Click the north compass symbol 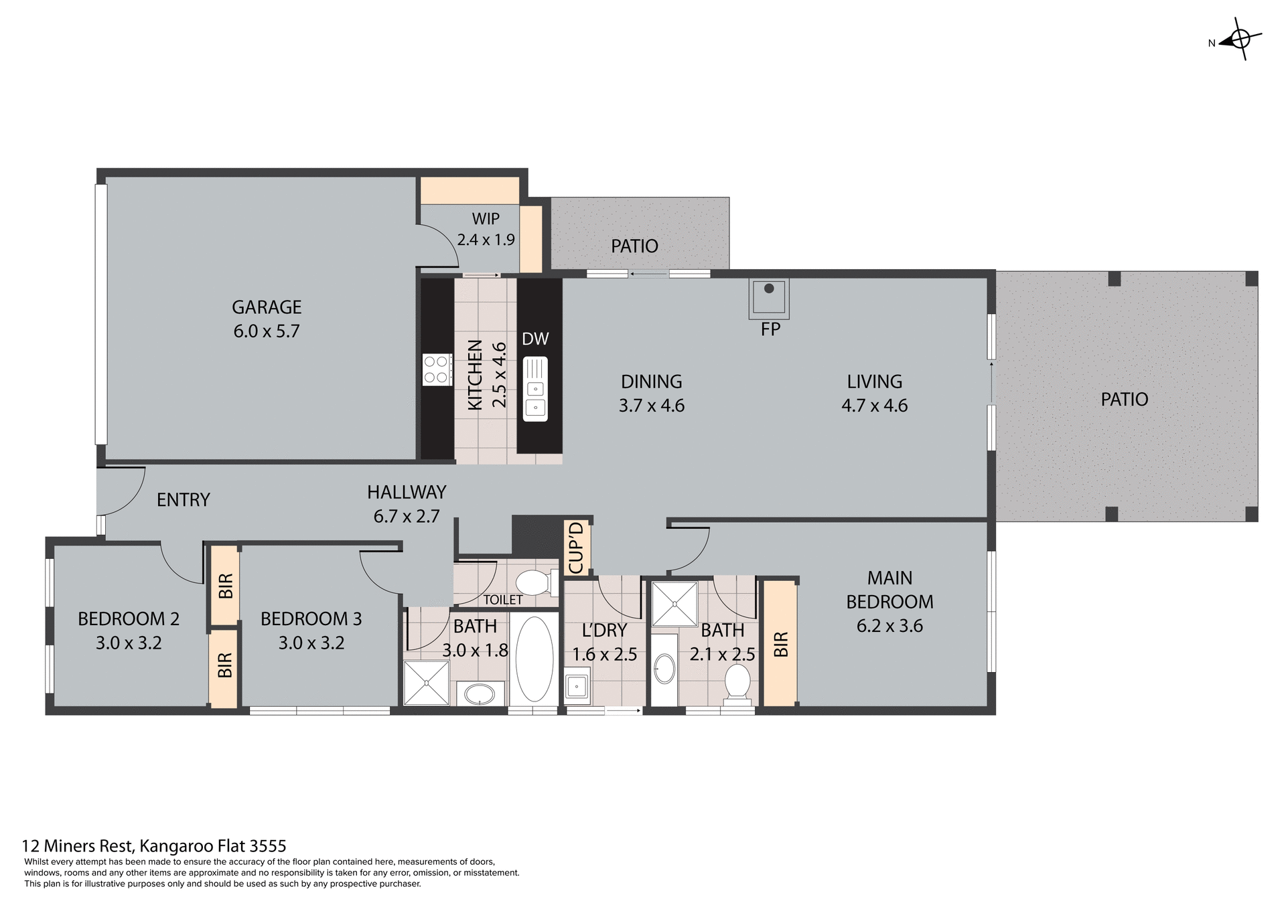[1240, 40]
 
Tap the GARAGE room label [267, 307]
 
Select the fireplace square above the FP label [769, 297]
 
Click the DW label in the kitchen [535, 339]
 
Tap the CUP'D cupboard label [576, 548]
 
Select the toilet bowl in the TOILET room [536, 582]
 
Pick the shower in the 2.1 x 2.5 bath [674, 604]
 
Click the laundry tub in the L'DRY [576, 686]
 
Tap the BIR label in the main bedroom [780, 644]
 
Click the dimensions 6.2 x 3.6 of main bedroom [889, 626]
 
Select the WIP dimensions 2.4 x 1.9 [486, 240]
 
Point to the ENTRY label [183, 500]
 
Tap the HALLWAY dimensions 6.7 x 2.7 [407, 516]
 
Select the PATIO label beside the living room [1124, 400]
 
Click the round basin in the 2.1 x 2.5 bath [664, 669]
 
